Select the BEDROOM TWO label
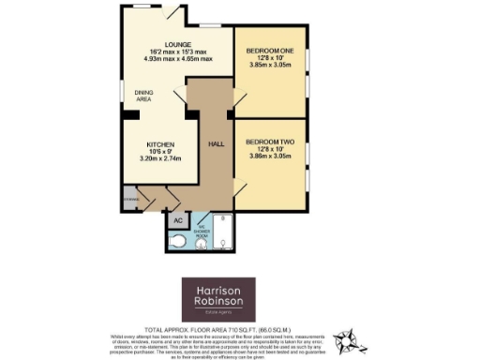pos(269,142)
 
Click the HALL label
pos(215,144)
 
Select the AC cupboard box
pos(177,220)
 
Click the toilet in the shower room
pos(182,241)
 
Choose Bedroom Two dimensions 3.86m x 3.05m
pos(269,157)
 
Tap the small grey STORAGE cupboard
pos(130,199)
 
